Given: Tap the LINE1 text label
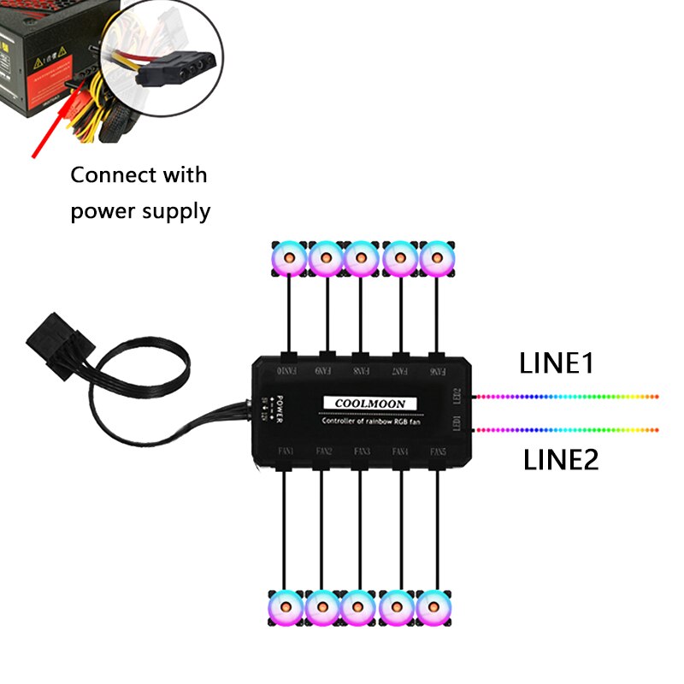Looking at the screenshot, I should pos(557,363).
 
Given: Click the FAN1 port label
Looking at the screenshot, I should pos(286,451).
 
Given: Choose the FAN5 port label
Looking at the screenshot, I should pos(439,451).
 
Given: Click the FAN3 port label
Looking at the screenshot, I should pos(362,451).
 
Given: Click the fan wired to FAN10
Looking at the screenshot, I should pos(289,257).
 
